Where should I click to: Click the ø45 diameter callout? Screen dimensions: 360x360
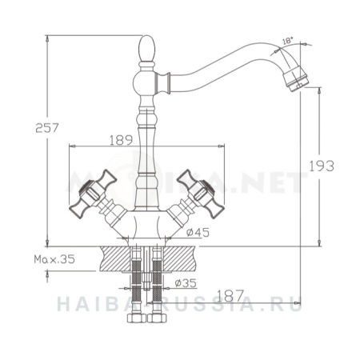click(x=197, y=232)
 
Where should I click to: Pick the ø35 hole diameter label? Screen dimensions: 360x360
click(x=186, y=282)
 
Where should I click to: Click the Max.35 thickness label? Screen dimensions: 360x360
click(x=54, y=259)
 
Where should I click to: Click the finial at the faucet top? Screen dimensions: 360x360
click(x=147, y=50)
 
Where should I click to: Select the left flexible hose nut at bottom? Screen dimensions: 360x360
click(x=136, y=321)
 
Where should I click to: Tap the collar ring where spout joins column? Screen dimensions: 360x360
click(x=169, y=79)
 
